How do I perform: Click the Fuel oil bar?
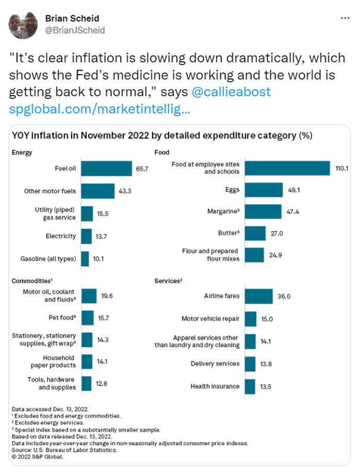click(x=107, y=168)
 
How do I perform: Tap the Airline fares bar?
click(x=258, y=296)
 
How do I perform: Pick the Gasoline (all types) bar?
click(x=85, y=258)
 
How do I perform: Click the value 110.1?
click(x=342, y=168)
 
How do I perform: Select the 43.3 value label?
click(x=125, y=191)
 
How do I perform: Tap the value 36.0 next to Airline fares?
click(x=285, y=297)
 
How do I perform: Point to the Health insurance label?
click(x=215, y=386)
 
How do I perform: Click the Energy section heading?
click(x=22, y=152)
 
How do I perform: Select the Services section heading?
click(x=168, y=281)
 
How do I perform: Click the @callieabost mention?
click(x=231, y=92)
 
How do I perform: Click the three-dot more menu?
click(x=345, y=18)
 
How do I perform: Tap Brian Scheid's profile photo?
click(x=23, y=24)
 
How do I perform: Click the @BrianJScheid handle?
click(x=75, y=30)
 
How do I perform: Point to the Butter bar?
click(x=255, y=234)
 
